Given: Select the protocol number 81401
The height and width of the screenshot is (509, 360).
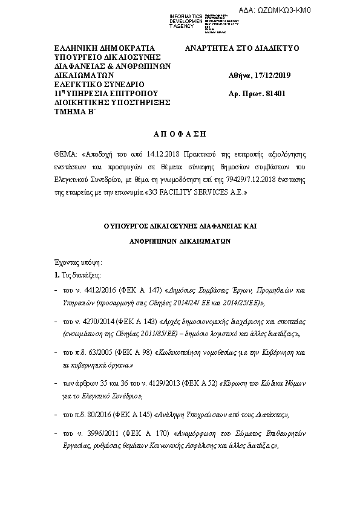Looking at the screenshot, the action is (x=275, y=94).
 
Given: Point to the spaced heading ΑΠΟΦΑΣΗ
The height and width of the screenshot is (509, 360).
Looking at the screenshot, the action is (x=180, y=132).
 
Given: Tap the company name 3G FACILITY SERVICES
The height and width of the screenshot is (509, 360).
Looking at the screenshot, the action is (x=198, y=193).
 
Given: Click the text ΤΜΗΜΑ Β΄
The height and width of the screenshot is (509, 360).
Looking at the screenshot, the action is (x=71, y=112).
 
